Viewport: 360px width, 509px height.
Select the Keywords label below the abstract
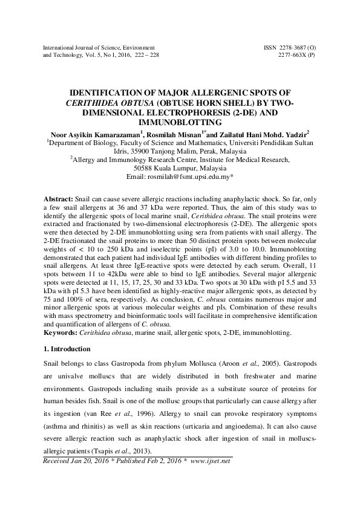62,332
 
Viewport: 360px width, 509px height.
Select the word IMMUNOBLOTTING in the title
180,122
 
